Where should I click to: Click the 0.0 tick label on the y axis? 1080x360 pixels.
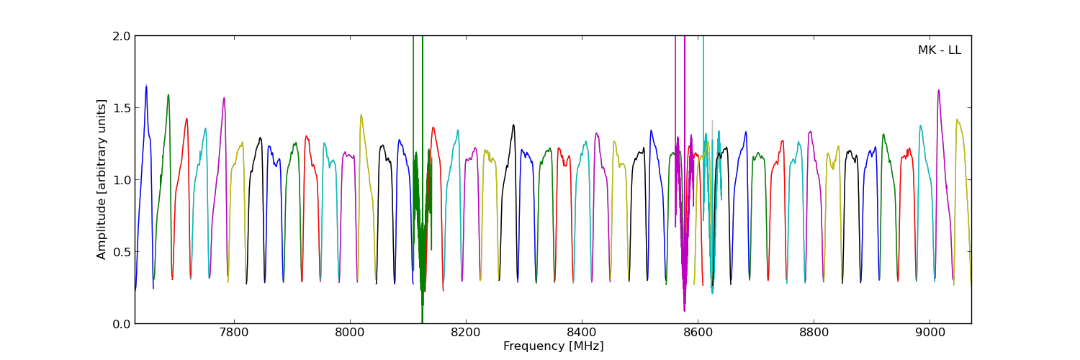[x=122, y=324]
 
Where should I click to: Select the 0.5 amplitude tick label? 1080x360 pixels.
[x=122, y=252]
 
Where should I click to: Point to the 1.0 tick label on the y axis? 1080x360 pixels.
[x=122, y=180]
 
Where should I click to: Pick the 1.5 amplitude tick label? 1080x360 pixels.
[x=122, y=108]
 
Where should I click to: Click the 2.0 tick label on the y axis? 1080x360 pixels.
[x=122, y=36]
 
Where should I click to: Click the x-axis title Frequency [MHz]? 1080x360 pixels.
[x=553, y=346]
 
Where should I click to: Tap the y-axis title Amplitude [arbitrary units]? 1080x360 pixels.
[x=102, y=179]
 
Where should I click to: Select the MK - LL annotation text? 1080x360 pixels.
[x=939, y=50]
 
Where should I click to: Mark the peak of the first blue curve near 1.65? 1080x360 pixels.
[x=146, y=86]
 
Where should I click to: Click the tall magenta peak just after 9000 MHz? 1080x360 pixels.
[x=938, y=91]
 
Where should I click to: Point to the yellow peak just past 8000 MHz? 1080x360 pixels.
[x=361, y=114]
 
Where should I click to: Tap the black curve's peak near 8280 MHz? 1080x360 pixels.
[x=513, y=125]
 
